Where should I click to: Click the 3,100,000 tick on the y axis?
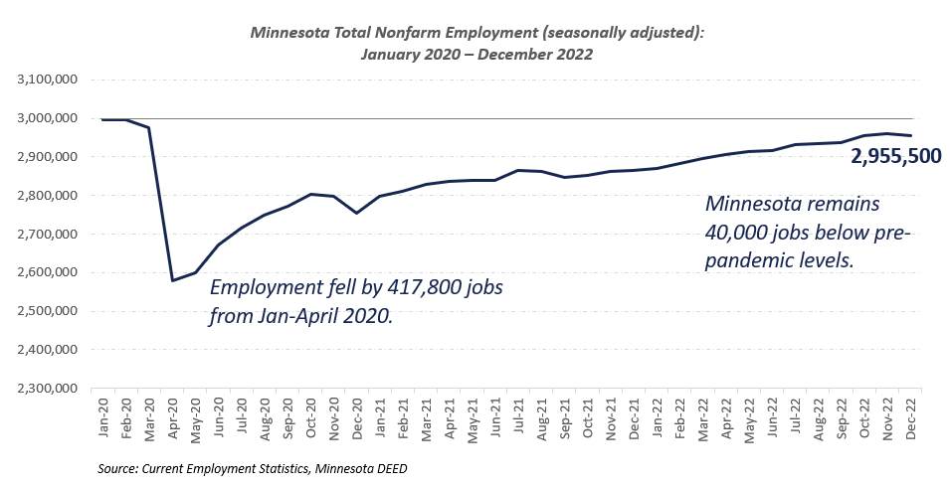(49, 80)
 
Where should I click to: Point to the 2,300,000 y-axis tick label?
(49, 389)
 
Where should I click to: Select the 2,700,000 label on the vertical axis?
(49, 235)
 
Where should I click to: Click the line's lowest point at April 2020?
(173, 280)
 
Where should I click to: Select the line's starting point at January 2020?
(103, 119)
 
